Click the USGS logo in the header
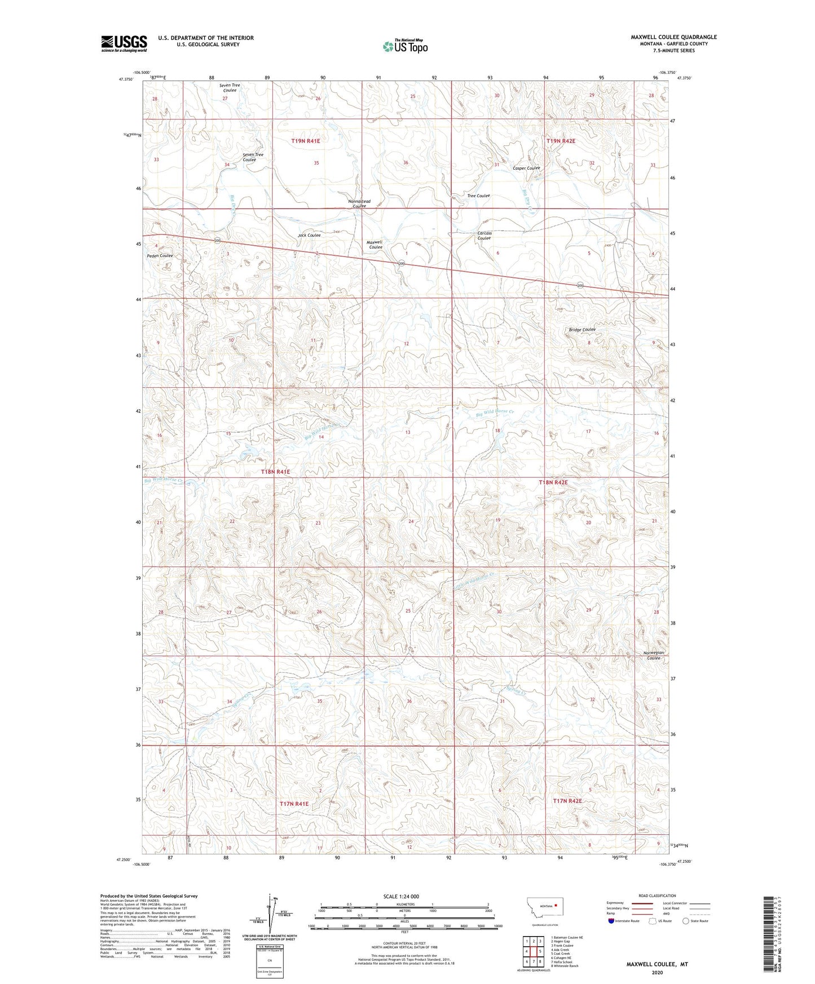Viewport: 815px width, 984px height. (x=124, y=43)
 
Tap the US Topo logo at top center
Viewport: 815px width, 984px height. (x=404, y=46)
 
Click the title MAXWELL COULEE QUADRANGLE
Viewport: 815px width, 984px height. (x=673, y=37)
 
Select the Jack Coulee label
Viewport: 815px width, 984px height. (x=309, y=235)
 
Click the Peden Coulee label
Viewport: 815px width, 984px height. (x=160, y=256)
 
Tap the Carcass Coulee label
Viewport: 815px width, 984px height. (x=484, y=236)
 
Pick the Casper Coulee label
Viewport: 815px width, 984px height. (x=526, y=168)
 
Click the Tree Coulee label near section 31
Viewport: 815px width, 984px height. (x=478, y=196)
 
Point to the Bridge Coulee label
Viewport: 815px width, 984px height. (x=582, y=330)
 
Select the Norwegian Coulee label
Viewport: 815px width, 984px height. (x=654, y=655)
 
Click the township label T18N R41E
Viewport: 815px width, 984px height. (x=275, y=472)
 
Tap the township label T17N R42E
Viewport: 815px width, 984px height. (x=567, y=801)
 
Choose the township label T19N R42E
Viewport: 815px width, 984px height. (x=561, y=141)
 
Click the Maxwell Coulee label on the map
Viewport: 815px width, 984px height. (x=375, y=245)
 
